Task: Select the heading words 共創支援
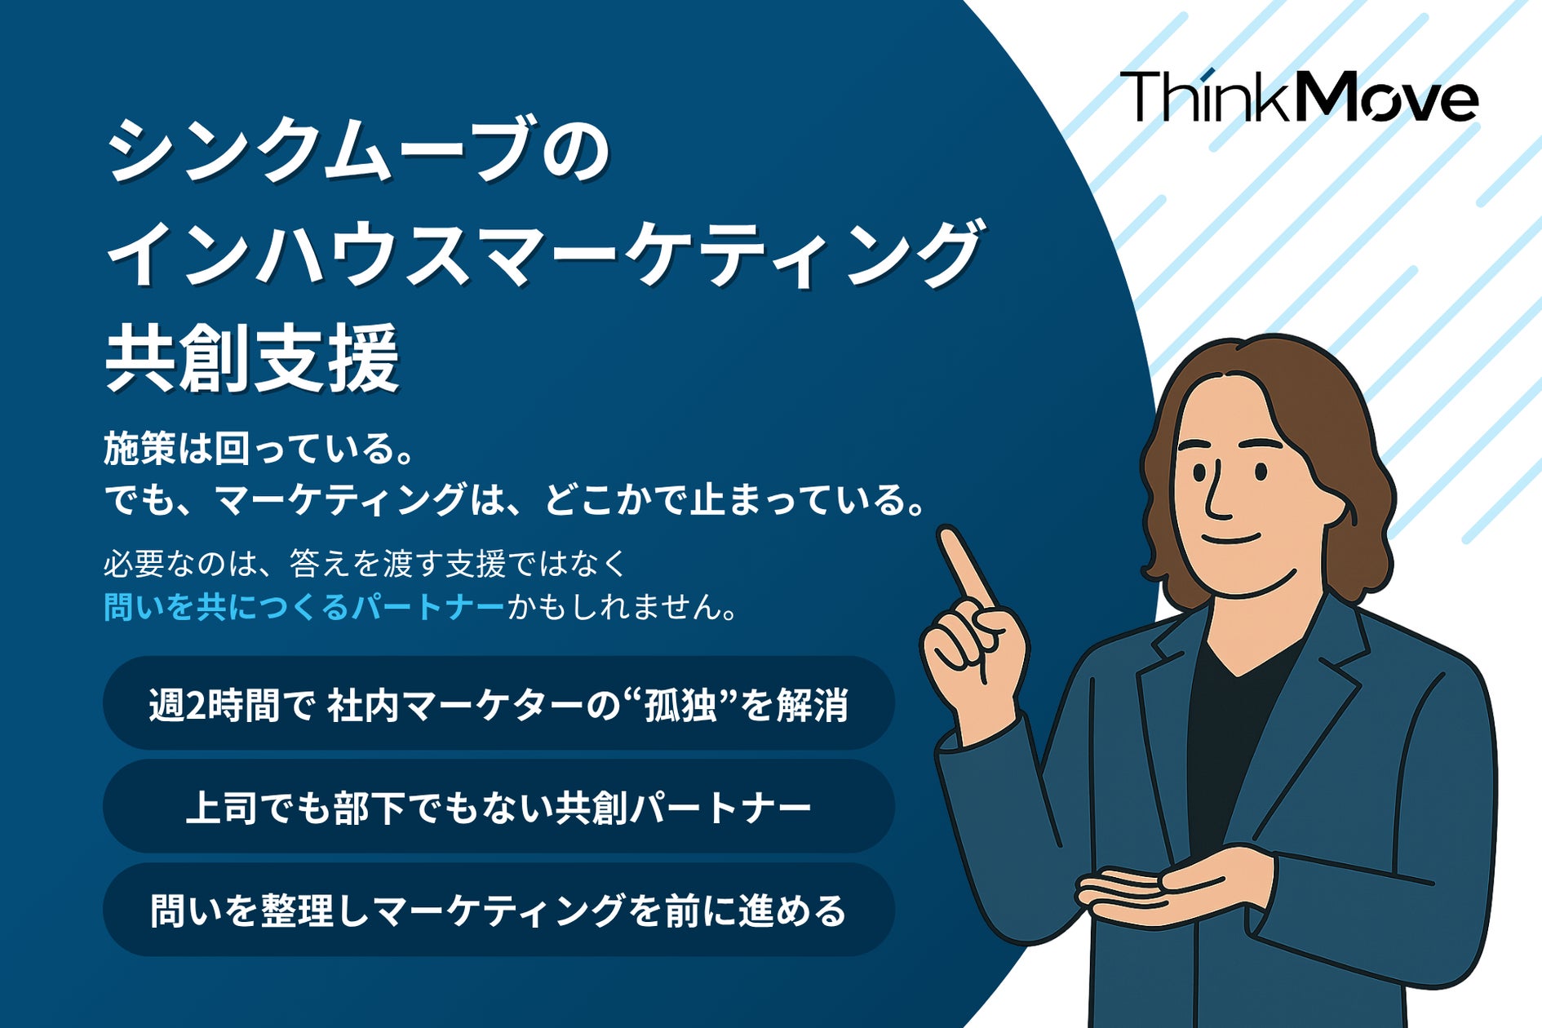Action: pyautogui.click(x=252, y=357)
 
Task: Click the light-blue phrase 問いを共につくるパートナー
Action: pyautogui.click(x=304, y=607)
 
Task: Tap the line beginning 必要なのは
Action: pyautogui.click(x=365, y=564)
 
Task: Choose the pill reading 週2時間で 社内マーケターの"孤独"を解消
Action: pyautogui.click(x=498, y=704)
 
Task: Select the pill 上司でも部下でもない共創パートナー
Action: pyautogui.click(x=498, y=807)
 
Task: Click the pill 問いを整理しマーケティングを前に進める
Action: pyautogui.click(x=498, y=911)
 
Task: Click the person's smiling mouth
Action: pyautogui.click(x=1232, y=538)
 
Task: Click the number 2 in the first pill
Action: pyautogui.click(x=196, y=705)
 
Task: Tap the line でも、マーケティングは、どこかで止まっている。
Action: pyautogui.click(x=516, y=499)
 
